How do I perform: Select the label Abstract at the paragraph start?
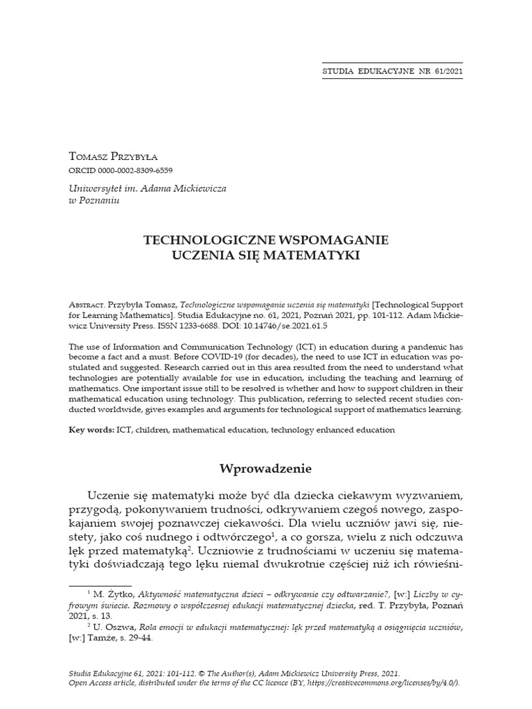click(86, 305)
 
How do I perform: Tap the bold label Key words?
click(91, 430)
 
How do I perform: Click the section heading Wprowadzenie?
click(265, 469)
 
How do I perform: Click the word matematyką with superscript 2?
click(154, 551)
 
